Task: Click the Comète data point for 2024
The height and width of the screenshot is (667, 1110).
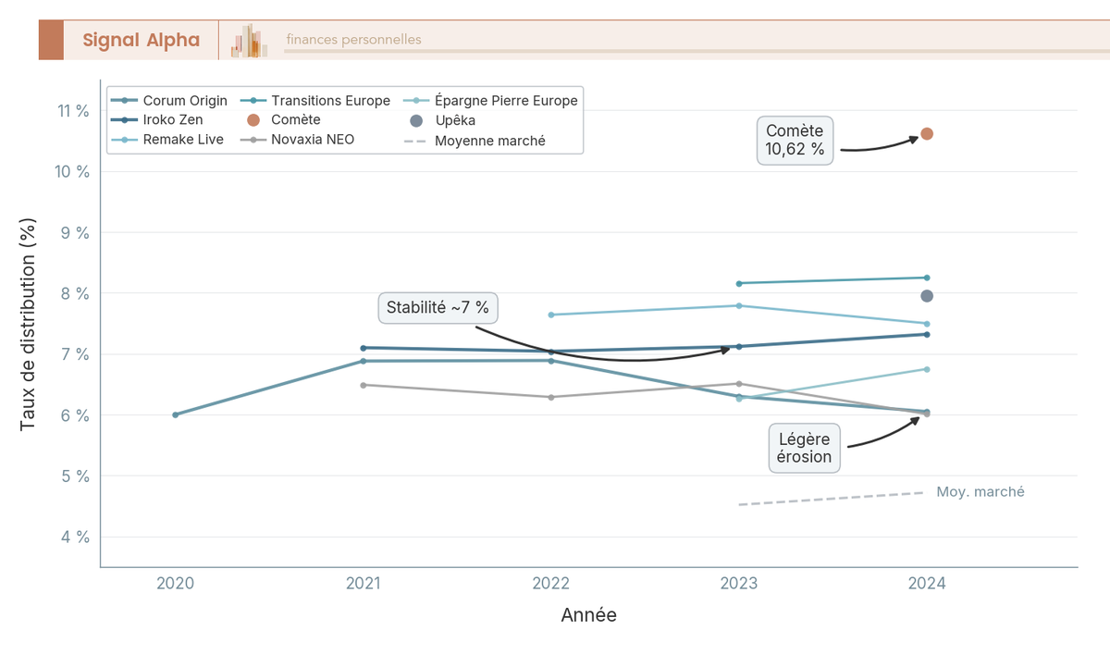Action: pos(927,134)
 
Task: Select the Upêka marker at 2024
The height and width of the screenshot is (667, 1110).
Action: pos(927,296)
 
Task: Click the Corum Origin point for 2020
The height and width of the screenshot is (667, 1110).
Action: pos(176,414)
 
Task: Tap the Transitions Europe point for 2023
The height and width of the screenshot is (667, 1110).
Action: pos(739,283)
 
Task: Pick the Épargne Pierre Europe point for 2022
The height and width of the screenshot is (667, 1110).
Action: pos(551,315)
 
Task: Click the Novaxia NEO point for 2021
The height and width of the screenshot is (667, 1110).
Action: pos(364,385)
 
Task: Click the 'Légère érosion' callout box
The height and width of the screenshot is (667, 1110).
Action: pos(804,448)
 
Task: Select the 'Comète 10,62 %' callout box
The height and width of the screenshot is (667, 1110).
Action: pos(795,141)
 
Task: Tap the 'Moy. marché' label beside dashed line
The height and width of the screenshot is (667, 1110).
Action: pos(980,492)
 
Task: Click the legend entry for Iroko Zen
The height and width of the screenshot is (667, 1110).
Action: pos(172,120)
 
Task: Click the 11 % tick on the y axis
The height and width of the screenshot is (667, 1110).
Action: pos(72,111)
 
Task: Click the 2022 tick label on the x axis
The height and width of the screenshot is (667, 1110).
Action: pos(551,584)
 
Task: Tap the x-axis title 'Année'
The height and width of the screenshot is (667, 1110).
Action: pos(588,615)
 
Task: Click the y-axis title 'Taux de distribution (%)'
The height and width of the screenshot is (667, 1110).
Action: pos(28,325)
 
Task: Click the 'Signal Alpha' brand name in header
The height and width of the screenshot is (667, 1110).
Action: pos(141,40)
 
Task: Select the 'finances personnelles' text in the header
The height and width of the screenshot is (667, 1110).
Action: pos(353,40)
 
